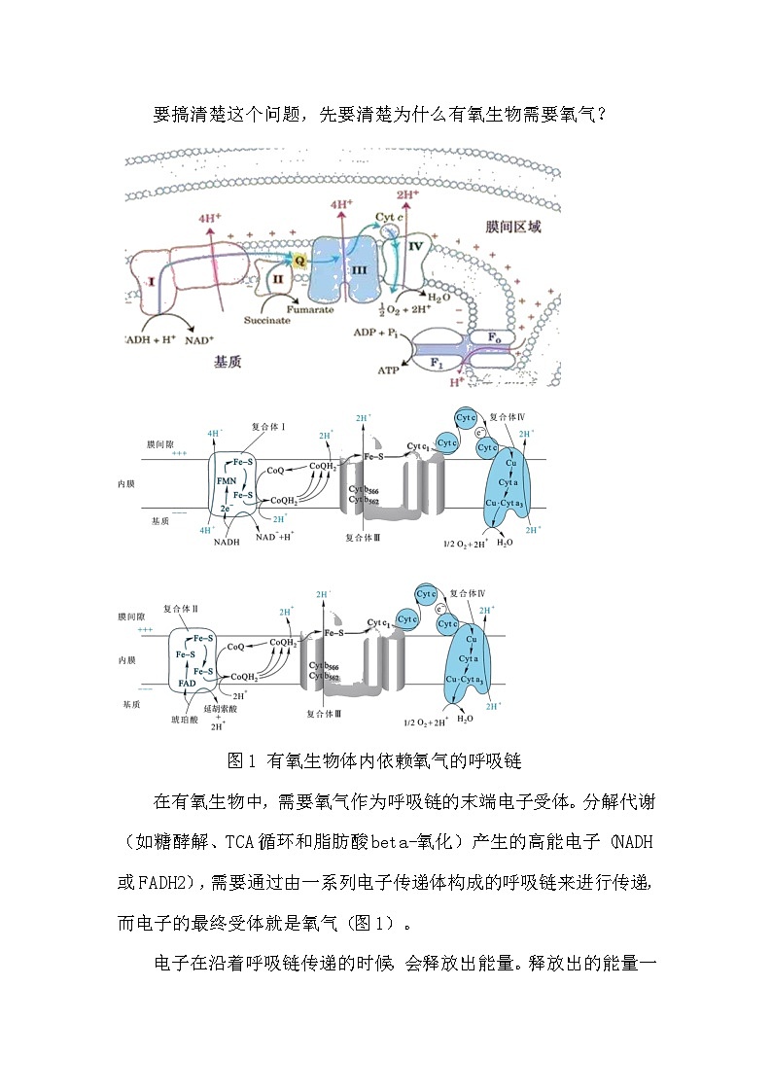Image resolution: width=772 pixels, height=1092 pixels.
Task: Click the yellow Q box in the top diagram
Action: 299,261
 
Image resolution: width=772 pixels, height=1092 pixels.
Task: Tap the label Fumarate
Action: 313,309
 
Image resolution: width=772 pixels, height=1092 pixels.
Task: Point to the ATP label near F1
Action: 389,370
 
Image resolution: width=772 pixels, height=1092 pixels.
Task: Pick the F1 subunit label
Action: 439,361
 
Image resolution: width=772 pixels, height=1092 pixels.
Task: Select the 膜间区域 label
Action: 512,227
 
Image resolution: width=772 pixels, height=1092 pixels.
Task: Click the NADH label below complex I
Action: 226,542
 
